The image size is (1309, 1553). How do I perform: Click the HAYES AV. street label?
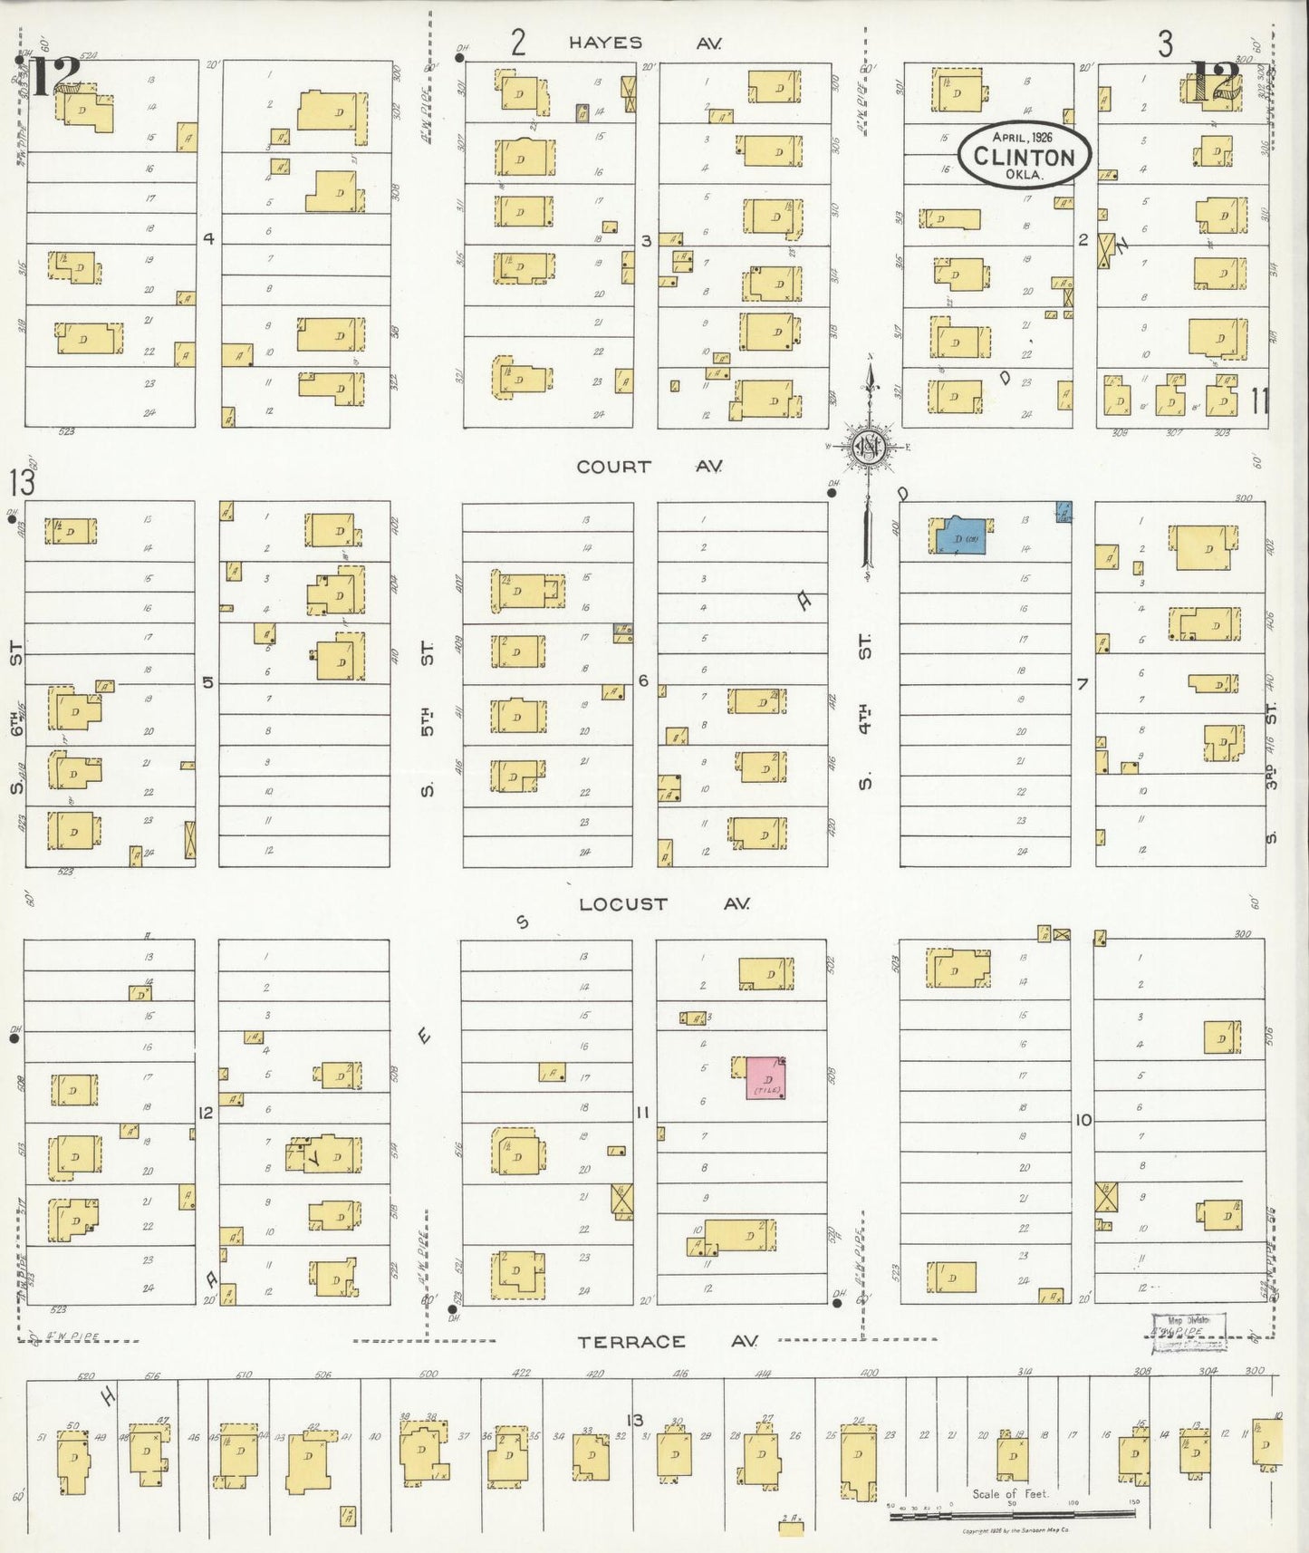pyautogui.click(x=645, y=43)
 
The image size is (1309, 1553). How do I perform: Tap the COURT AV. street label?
pyautogui.click(x=650, y=467)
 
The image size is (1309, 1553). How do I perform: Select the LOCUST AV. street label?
pyautogui.click(x=664, y=903)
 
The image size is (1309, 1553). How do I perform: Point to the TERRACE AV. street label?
pyautogui.click(x=668, y=1341)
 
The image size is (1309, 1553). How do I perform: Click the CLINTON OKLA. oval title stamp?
pyautogui.click(x=1025, y=156)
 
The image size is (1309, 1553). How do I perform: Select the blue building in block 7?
pyautogui.click(x=961, y=536)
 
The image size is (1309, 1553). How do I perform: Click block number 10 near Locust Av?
pyautogui.click(x=1083, y=1120)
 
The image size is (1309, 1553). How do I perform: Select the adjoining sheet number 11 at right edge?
pyautogui.click(x=1259, y=400)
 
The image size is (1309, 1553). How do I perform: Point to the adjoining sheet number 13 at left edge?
pyautogui.click(x=22, y=482)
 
